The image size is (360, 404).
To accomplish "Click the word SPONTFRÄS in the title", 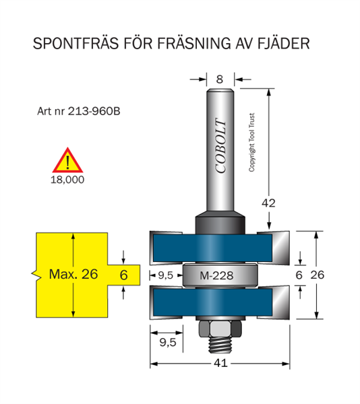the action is click(x=76, y=43).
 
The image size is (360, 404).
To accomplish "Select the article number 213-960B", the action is click(x=94, y=111).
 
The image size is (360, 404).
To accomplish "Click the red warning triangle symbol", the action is click(x=67, y=160).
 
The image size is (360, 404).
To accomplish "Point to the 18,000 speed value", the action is click(x=67, y=180).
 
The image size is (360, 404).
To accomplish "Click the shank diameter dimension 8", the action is click(x=220, y=79).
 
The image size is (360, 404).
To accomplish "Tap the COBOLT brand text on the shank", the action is click(x=221, y=146).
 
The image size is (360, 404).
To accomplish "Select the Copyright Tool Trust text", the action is click(x=251, y=142).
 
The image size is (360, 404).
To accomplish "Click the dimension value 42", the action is click(x=268, y=203).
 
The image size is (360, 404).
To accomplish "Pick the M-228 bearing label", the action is click(x=216, y=275).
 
